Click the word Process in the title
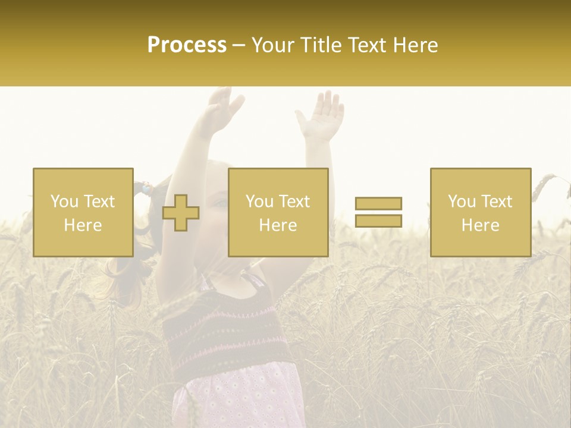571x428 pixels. tap(187, 45)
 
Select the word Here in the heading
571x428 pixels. tap(414, 45)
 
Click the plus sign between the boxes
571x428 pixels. tap(181, 213)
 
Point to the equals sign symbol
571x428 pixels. tap(378, 212)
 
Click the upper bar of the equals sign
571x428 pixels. tap(378, 204)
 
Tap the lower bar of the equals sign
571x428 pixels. tap(378, 221)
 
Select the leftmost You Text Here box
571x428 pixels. tap(83, 212)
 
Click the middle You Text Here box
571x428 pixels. tap(278, 212)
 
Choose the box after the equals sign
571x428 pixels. tap(480, 212)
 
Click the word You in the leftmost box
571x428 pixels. tap(64, 202)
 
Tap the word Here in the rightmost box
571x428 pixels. tap(480, 225)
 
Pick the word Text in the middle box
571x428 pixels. tap(294, 202)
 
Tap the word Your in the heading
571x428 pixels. tap(271, 45)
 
